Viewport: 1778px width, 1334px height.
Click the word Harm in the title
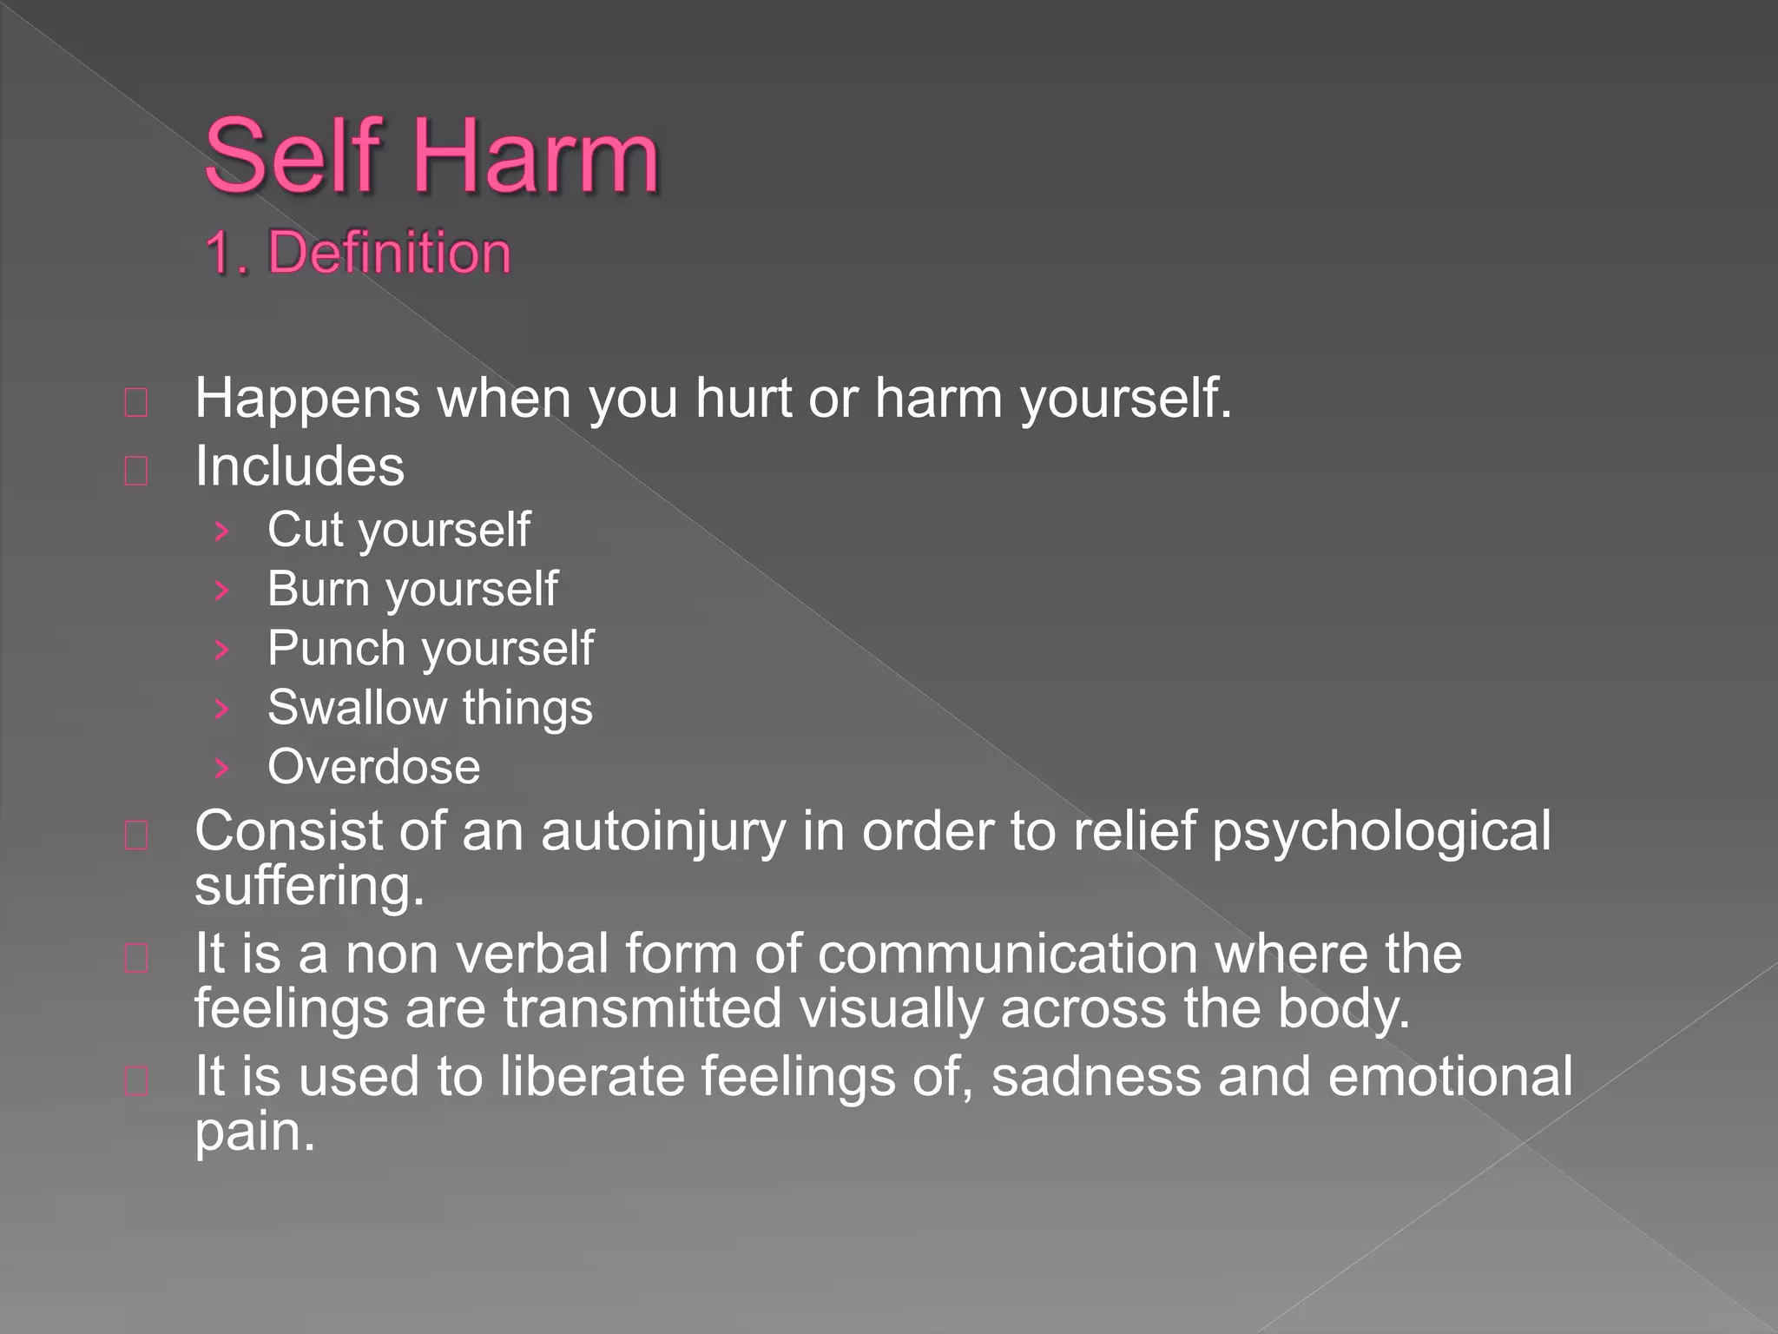tap(533, 157)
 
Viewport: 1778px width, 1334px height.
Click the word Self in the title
tap(293, 157)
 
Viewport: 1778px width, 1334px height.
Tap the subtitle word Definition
tap(389, 254)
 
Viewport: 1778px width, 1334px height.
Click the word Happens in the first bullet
tap(307, 400)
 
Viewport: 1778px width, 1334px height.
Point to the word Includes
tap(300, 467)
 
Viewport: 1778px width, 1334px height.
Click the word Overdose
tap(373, 768)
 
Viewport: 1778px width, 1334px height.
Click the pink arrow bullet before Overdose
tap(222, 768)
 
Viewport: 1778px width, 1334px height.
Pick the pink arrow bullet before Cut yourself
tap(222, 531)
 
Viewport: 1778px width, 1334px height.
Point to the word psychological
tap(1380, 832)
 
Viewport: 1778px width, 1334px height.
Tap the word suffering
tap(309, 888)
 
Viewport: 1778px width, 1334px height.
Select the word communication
tap(1008, 954)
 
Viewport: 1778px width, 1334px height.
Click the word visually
tap(891, 1009)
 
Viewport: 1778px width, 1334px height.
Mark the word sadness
tap(1096, 1077)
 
